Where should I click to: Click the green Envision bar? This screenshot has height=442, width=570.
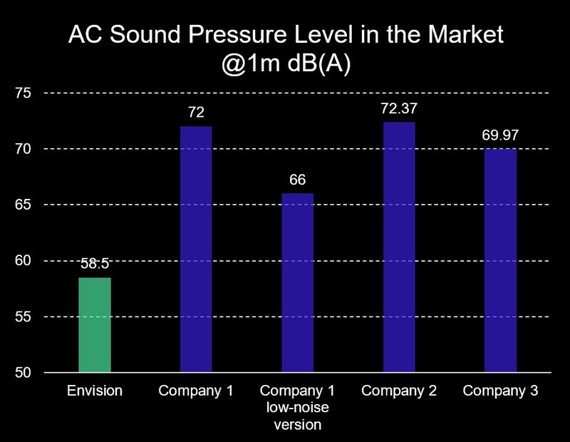click(95, 324)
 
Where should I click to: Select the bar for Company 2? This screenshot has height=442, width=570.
click(399, 247)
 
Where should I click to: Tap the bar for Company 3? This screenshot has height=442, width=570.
click(500, 260)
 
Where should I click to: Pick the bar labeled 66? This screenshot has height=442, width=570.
click(298, 282)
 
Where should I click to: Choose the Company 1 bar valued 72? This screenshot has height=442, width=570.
click(196, 249)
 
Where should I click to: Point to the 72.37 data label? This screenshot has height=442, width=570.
click(399, 108)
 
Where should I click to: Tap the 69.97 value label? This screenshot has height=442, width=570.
click(500, 135)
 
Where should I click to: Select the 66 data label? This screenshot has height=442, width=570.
click(298, 180)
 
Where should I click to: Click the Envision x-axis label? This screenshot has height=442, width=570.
click(95, 391)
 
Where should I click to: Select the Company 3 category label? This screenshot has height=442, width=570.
click(500, 391)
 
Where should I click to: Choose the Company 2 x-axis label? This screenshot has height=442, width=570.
click(399, 391)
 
